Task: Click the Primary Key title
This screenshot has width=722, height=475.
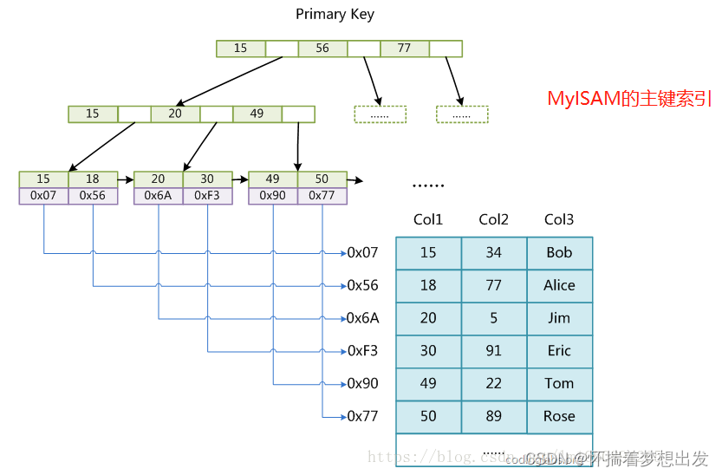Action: click(x=335, y=14)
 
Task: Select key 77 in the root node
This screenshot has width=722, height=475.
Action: click(x=404, y=49)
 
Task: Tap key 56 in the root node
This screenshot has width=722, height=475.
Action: click(x=322, y=49)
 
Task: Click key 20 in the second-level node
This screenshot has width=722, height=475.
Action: click(x=175, y=114)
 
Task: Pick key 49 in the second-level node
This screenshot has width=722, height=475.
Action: click(x=257, y=114)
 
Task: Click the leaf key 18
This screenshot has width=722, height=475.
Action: click(x=93, y=179)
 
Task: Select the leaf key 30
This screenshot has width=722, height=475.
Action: click(x=207, y=179)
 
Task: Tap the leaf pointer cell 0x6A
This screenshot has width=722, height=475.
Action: click(x=158, y=196)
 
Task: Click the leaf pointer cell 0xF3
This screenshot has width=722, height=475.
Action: click(x=207, y=196)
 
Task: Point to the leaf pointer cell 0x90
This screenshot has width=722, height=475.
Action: click(x=273, y=196)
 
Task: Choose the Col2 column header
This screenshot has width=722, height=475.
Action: click(x=493, y=220)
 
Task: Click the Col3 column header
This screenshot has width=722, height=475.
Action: click(x=559, y=220)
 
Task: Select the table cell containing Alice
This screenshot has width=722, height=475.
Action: click(x=559, y=285)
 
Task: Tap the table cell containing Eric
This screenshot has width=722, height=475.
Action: click(x=559, y=351)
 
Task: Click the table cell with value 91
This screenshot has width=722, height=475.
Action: click(x=493, y=351)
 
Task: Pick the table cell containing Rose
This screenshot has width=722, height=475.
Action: click(x=559, y=416)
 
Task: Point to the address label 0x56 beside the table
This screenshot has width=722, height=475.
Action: click(x=362, y=285)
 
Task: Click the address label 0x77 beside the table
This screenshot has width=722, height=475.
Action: click(x=362, y=416)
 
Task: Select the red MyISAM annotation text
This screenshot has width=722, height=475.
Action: click(x=629, y=99)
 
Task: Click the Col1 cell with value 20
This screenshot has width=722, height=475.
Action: click(x=428, y=318)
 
